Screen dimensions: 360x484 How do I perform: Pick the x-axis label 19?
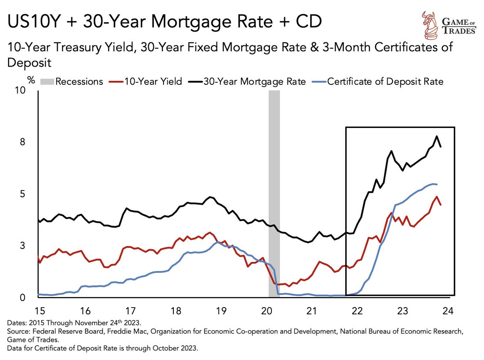(220, 311)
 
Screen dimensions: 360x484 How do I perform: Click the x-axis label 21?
(311, 311)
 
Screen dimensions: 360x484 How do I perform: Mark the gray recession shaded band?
(274, 194)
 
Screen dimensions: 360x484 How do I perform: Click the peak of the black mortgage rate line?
(436, 136)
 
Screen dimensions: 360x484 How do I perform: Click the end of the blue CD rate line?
(437, 184)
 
